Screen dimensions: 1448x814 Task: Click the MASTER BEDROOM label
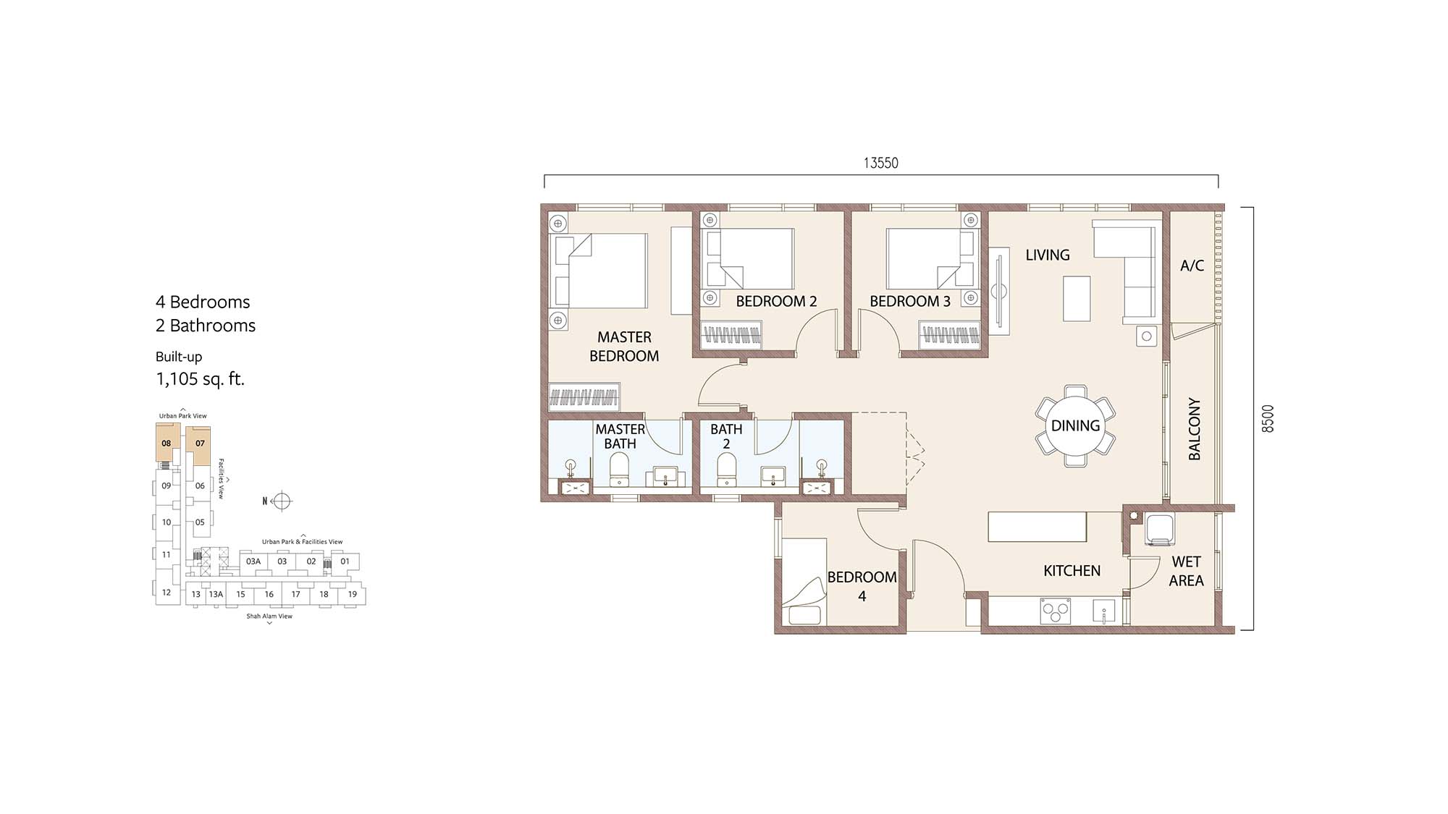pyautogui.click(x=624, y=347)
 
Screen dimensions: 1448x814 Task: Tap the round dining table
pyautogui.click(x=1076, y=425)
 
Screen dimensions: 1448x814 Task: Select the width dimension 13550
pyautogui.click(x=880, y=164)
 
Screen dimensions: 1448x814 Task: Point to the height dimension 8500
pyautogui.click(x=1267, y=418)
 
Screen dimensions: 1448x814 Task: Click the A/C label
pyautogui.click(x=1192, y=266)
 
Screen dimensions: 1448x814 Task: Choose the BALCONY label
pyautogui.click(x=1195, y=428)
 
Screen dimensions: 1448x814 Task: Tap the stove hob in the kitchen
pyautogui.click(x=1055, y=611)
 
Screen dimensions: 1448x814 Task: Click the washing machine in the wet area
pyautogui.click(x=1160, y=530)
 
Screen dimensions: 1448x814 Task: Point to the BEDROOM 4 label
pyautogui.click(x=862, y=587)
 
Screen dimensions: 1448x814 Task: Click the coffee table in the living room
pyautogui.click(x=1077, y=299)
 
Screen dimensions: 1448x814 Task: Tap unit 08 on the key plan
pyautogui.click(x=167, y=443)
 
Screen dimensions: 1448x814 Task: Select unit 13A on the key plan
pyautogui.click(x=216, y=594)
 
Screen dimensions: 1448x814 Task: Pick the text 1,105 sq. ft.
pyautogui.click(x=201, y=378)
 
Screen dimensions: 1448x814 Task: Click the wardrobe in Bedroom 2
pyautogui.click(x=731, y=336)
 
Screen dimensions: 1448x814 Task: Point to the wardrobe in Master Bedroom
pyautogui.click(x=584, y=397)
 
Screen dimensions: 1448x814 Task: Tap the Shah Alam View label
pyautogui.click(x=269, y=616)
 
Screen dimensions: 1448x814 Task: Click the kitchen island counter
pyautogui.click(x=1038, y=527)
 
